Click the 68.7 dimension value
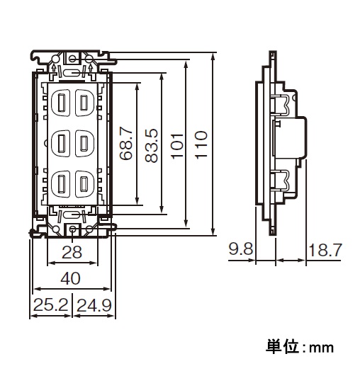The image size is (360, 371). (125, 144)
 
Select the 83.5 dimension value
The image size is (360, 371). (152, 146)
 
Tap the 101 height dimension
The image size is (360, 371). (177, 146)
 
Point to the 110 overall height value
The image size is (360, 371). (201, 144)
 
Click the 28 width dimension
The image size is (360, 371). (72, 252)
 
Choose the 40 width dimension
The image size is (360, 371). (71, 278)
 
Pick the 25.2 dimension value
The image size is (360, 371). (51, 305)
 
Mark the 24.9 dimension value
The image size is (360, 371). (94, 305)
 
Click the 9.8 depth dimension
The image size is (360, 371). (241, 249)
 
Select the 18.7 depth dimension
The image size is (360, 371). (325, 250)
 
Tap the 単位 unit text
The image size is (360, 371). (281, 347)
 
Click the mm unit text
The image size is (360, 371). (321, 348)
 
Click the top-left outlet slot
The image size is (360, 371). (62, 103)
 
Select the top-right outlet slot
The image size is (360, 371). (84, 103)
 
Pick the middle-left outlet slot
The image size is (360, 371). (62, 143)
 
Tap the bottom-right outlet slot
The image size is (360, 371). (84, 183)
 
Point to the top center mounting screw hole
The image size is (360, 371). (73, 58)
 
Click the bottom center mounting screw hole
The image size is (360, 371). (73, 229)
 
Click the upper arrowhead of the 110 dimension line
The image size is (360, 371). (213, 57)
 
